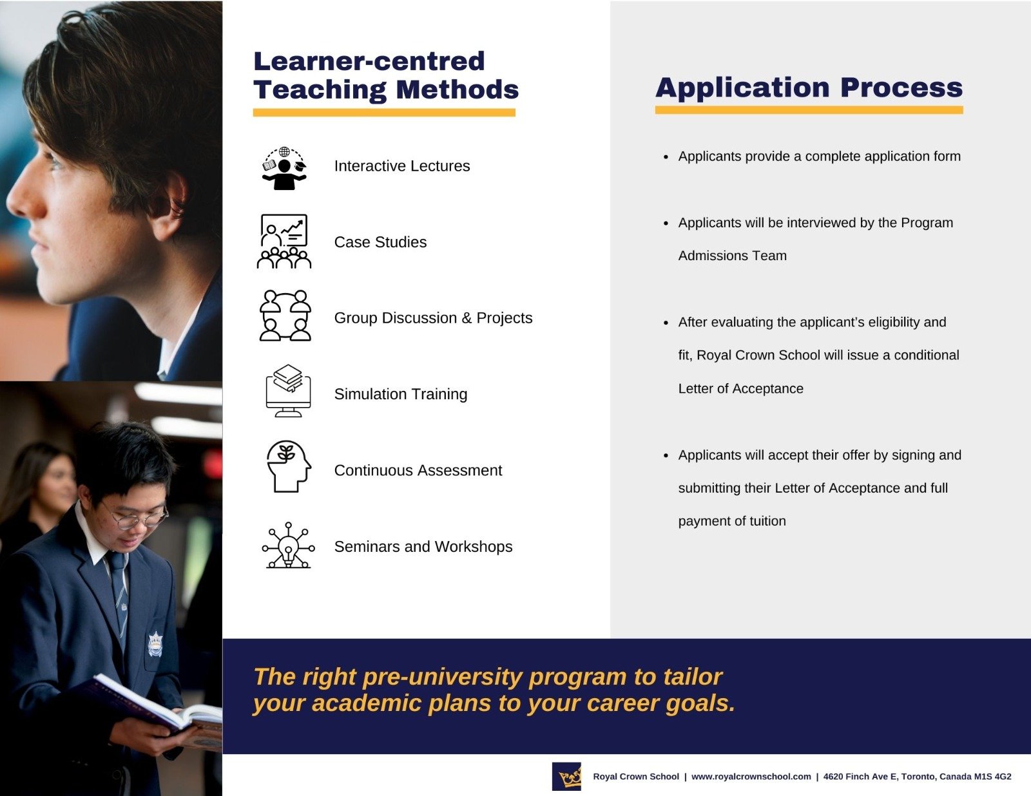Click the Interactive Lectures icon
(284, 168)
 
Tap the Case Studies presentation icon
(284, 242)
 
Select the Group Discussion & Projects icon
(285, 316)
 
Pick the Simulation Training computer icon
(288, 392)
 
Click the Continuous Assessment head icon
(288, 467)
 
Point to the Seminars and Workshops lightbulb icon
(288, 546)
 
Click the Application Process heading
(809, 88)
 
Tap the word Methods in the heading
(457, 90)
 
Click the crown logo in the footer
(567, 777)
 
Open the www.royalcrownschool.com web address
(751, 777)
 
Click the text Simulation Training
(400, 394)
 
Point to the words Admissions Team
(732, 256)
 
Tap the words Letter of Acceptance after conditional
(740, 388)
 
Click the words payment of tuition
(731, 521)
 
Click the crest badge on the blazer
(155, 644)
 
